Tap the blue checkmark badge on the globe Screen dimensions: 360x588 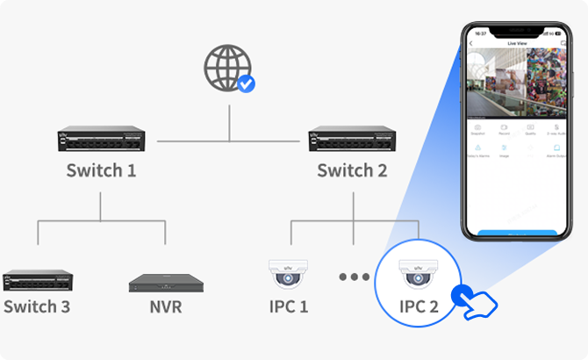click(246, 83)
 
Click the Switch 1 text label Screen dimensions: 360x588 click(101, 169)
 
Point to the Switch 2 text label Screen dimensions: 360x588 click(352, 169)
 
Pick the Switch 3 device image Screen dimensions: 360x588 click(38, 280)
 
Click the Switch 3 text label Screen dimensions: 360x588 click(37, 307)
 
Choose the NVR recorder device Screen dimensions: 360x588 click(165, 282)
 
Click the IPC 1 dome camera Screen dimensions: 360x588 click(289, 276)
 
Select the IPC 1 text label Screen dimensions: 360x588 click(289, 307)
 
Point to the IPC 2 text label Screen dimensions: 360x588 click(419, 307)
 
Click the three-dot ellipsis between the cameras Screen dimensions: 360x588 click(354, 277)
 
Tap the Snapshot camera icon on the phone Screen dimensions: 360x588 click(478, 127)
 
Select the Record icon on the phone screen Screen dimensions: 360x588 click(505, 127)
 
